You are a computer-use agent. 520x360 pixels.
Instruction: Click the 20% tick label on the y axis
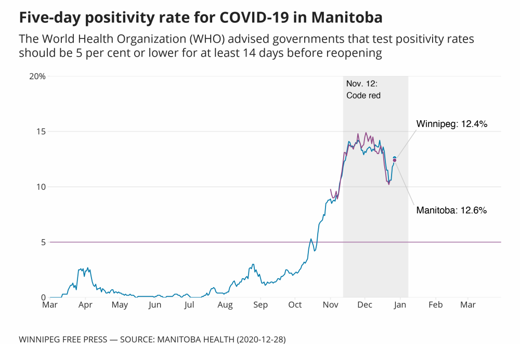point(37,76)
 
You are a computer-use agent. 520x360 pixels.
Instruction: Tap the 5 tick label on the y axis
point(43,242)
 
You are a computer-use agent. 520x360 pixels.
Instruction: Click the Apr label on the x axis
point(85,305)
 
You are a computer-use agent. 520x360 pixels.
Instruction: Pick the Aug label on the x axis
point(225,305)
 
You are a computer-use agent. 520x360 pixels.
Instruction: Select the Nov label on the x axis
point(331,305)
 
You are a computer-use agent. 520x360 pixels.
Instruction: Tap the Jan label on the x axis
point(400,305)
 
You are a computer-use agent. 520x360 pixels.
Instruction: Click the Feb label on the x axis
point(435,305)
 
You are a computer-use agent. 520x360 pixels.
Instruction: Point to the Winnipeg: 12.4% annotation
point(451,124)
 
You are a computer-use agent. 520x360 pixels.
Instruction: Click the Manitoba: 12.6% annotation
point(451,211)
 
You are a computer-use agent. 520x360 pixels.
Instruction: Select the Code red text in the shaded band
point(363,96)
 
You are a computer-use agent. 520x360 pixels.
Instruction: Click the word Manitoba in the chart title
point(347,18)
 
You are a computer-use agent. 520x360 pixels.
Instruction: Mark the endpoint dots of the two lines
point(394,159)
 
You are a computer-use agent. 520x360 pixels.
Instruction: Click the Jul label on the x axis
point(189,305)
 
